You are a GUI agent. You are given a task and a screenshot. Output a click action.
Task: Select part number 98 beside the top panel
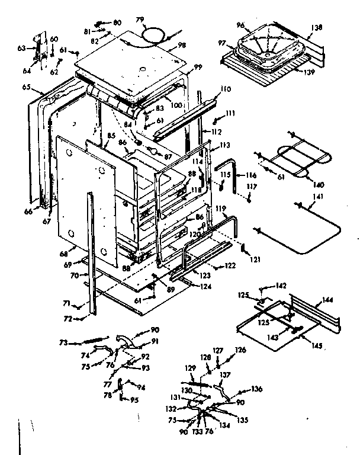[x=181, y=46]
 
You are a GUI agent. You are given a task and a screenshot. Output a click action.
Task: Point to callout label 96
[x=241, y=25]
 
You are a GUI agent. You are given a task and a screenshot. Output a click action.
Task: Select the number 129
[x=189, y=368]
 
